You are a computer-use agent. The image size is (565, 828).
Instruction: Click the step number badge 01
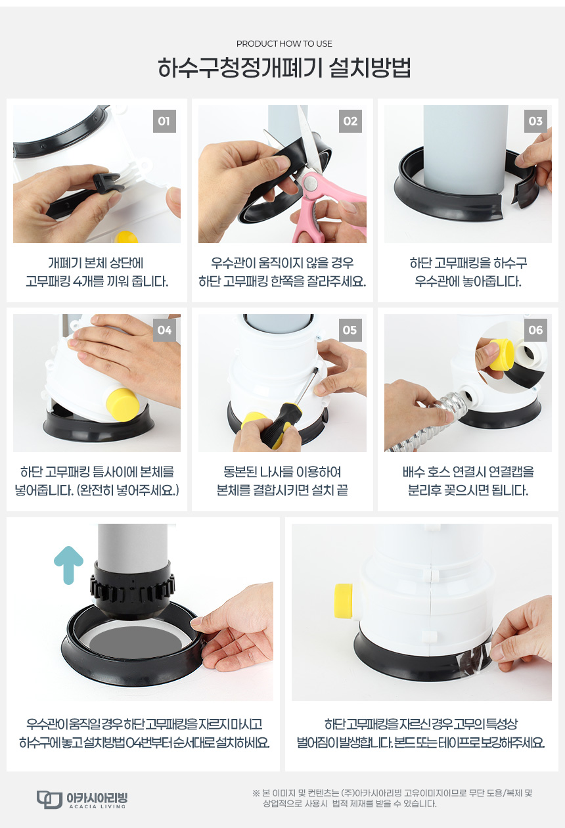tap(164, 121)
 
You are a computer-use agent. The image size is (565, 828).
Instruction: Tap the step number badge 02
tap(350, 121)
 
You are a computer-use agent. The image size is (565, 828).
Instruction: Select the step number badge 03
tap(535, 121)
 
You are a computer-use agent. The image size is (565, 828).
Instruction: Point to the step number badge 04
tap(164, 330)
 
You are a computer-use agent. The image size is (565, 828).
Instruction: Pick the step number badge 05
tap(350, 330)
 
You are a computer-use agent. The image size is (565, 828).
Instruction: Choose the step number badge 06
tap(535, 330)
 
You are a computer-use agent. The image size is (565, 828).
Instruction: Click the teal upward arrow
tap(68, 565)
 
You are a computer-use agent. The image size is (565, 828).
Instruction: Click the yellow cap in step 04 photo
tap(123, 404)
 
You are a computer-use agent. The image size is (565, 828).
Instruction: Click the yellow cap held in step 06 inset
tap(501, 354)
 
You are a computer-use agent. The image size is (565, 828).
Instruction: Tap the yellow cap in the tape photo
tap(344, 601)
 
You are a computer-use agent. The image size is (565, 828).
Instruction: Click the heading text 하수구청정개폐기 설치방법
tap(284, 67)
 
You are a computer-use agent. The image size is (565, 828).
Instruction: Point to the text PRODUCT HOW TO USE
tap(284, 43)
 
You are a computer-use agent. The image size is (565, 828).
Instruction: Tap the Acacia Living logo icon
tap(49, 799)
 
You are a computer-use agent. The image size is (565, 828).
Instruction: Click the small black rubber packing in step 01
tap(107, 183)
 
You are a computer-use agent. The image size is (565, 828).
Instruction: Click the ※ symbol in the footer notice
tap(256, 793)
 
